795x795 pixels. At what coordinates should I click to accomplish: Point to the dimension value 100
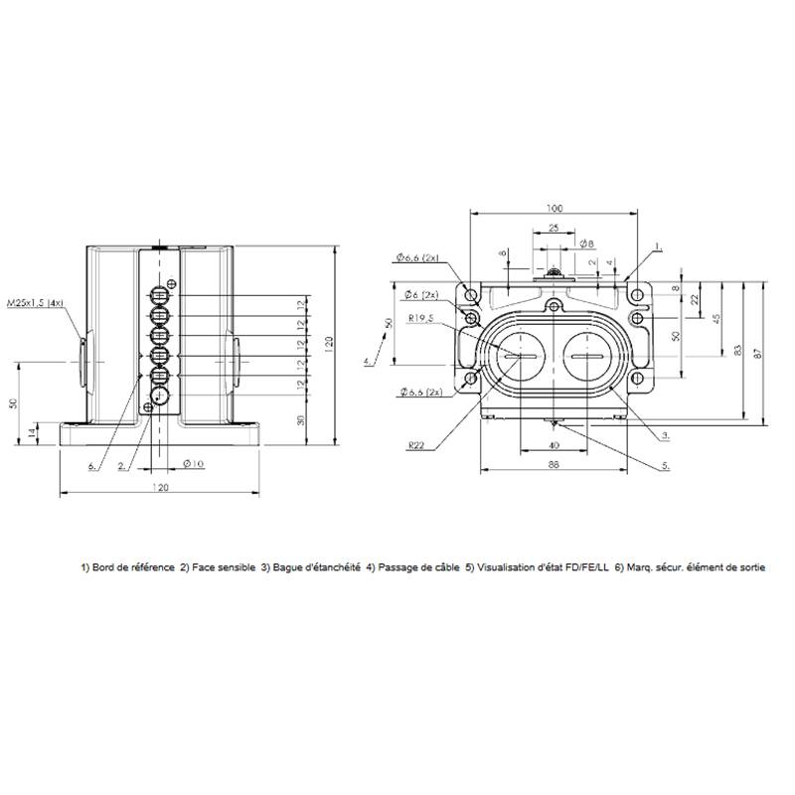tap(555, 208)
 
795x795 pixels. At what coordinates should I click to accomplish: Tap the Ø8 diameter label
tap(585, 242)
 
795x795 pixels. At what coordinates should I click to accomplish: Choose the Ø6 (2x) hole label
tap(416, 294)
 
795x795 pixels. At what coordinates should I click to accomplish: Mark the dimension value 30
tap(300, 420)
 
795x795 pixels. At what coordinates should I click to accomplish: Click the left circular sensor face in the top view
tap(519, 357)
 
